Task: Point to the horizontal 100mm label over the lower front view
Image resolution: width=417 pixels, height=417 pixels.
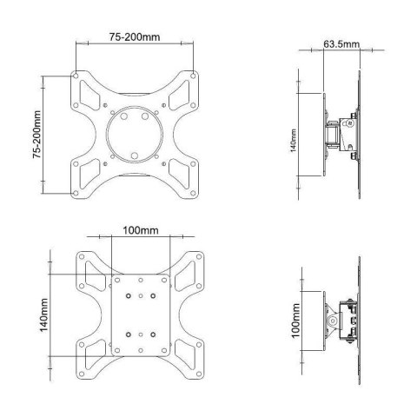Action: tap(140, 231)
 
